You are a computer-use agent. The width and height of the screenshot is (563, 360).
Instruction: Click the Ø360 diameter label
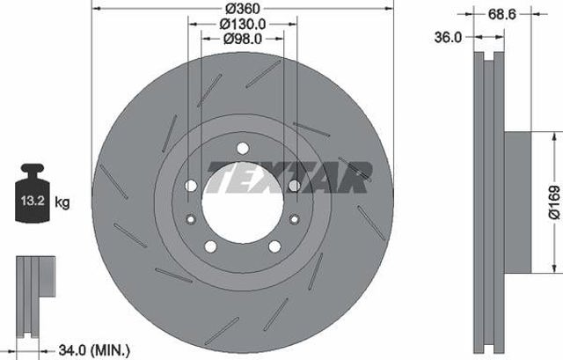[x=244, y=8]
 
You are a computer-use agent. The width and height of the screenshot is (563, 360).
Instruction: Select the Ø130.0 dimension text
[x=243, y=24]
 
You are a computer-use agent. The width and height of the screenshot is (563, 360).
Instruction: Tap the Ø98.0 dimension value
[x=243, y=39]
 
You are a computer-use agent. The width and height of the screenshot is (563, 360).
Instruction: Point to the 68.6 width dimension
[x=501, y=14]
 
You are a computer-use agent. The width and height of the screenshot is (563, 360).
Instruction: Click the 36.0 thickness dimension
[x=448, y=37]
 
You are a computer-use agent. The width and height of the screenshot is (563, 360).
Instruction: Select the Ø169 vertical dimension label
[x=554, y=202]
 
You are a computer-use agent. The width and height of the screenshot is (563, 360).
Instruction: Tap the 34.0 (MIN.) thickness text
[x=94, y=349]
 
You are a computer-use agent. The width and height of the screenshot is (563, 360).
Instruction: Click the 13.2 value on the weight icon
[x=33, y=201]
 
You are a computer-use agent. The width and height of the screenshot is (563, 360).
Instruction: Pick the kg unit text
[x=62, y=202]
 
